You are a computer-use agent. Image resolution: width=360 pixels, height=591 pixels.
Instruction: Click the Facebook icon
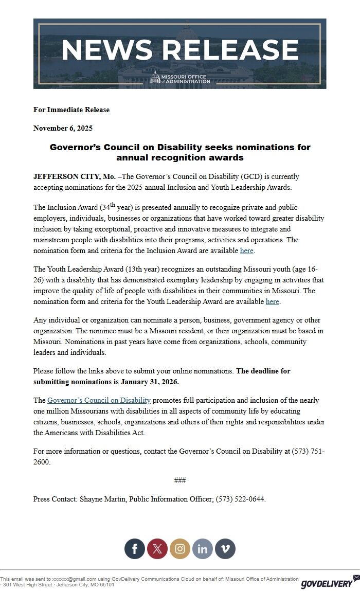(135, 548)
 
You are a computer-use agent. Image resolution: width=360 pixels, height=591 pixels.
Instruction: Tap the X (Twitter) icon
(157, 548)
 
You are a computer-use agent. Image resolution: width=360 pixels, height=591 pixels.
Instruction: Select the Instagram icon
(180, 548)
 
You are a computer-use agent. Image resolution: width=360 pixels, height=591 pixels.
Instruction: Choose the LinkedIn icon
(203, 548)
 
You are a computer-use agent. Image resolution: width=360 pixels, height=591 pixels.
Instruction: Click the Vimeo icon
(225, 548)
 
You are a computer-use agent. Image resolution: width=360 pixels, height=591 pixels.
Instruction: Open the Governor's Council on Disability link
(99, 400)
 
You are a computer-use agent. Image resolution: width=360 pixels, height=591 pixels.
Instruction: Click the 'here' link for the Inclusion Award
(247, 251)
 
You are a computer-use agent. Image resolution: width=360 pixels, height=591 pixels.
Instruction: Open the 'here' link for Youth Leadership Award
(273, 301)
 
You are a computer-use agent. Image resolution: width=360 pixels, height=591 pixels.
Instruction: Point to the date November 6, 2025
(63, 128)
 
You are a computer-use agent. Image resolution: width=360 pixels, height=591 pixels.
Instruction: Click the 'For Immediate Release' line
(71, 110)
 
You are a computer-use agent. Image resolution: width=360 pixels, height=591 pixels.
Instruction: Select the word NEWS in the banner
(106, 49)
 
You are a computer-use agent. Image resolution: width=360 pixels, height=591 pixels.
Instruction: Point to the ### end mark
(180, 480)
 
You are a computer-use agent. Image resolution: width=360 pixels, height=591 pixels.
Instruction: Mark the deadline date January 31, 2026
(150, 382)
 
